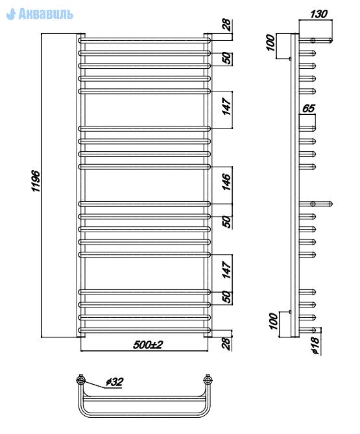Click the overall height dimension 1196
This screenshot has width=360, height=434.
click(x=36, y=181)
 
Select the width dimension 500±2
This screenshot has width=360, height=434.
click(x=148, y=345)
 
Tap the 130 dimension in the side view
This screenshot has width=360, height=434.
click(x=318, y=14)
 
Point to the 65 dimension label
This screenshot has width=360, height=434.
click(x=309, y=108)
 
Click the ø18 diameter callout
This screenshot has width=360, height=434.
click(x=315, y=345)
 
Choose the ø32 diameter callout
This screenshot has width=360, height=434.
click(x=115, y=382)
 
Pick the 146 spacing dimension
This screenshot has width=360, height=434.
click(x=226, y=182)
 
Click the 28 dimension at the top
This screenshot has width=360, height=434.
click(x=226, y=25)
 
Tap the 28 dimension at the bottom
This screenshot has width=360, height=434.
click(x=226, y=343)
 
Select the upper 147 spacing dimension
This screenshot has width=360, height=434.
click(x=226, y=106)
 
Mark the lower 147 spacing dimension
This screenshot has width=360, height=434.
click(x=226, y=270)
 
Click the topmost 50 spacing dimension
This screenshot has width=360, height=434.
click(x=226, y=58)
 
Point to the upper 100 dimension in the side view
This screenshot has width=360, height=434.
click(x=270, y=43)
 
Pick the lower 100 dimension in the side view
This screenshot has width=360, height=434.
click(x=273, y=321)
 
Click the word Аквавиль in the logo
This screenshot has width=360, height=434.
click(x=46, y=14)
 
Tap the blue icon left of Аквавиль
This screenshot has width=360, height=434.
click(x=11, y=14)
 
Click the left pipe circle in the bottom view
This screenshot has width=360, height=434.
click(x=81, y=380)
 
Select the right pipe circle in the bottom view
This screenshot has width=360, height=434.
click(x=208, y=380)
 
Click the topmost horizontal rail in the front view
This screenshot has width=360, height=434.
click(x=145, y=40)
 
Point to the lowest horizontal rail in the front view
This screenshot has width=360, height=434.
click(x=145, y=330)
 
